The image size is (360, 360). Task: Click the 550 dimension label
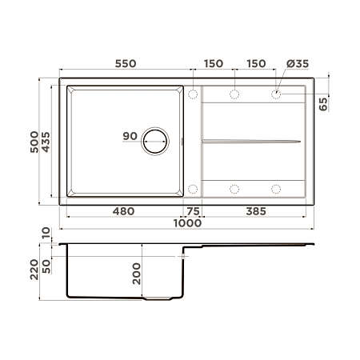pyautogui.click(x=126, y=63)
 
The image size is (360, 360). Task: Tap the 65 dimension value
pyautogui.click(x=323, y=104)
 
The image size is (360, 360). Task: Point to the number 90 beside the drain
pyautogui.click(x=130, y=136)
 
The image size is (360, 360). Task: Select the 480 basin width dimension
pyautogui.click(x=123, y=211)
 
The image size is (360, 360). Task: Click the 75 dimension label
pyautogui.click(x=193, y=211)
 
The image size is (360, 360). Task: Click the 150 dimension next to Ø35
pyautogui.click(x=256, y=63)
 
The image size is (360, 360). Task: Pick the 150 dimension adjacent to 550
pyautogui.click(x=214, y=63)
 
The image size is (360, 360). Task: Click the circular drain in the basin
pyautogui.click(x=156, y=142)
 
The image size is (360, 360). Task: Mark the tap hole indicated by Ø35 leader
pyautogui.click(x=276, y=94)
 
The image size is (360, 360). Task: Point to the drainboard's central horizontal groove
pyautogui.click(x=252, y=142)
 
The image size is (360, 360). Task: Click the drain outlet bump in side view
pyautogui.click(x=156, y=298)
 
